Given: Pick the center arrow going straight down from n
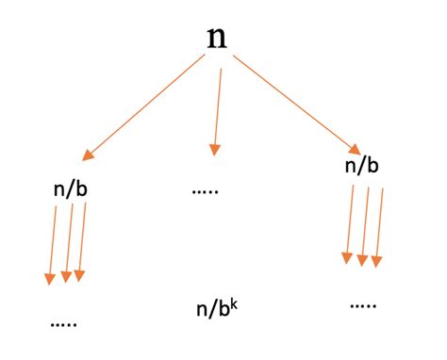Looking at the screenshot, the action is point(218,108).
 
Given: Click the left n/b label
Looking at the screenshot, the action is point(73,188).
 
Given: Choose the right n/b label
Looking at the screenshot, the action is point(363,166).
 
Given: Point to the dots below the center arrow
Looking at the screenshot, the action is point(205,191).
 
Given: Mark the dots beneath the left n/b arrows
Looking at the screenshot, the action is point(64,323).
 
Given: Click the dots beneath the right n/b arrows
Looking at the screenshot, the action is point(363,304).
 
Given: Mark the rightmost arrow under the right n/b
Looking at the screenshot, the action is point(380,224).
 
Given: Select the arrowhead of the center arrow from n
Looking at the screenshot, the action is point(215,148).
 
